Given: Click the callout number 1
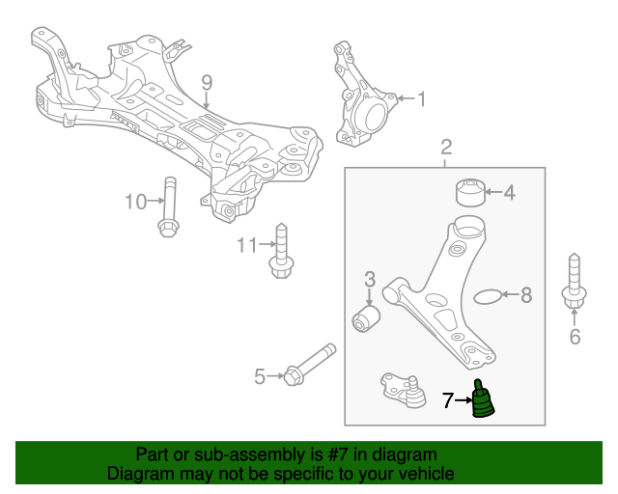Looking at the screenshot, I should pyautogui.click(x=421, y=97).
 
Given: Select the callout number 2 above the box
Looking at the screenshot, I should pyautogui.click(x=446, y=148).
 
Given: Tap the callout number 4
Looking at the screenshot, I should pyautogui.click(x=509, y=193).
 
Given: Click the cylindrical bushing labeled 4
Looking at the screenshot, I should pyautogui.click(x=469, y=191).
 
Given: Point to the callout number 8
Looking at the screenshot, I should pyautogui.click(x=526, y=295).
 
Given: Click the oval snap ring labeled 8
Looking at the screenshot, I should pyautogui.click(x=491, y=296).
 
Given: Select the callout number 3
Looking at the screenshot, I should pyautogui.click(x=370, y=280).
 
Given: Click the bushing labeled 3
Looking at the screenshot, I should pyautogui.click(x=367, y=317).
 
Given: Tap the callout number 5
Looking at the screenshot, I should pyautogui.click(x=259, y=376).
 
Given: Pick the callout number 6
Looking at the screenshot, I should pyautogui.click(x=575, y=337).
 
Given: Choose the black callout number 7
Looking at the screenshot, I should pyautogui.click(x=447, y=398).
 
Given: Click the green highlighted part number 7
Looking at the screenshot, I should pyautogui.click(x=482, y=402).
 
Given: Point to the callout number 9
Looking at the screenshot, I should pyautogui.click(x=207, y=82).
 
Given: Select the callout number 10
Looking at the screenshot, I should pyautogui.click(x=134, y=202).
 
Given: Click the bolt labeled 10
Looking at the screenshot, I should pyautogui.click(x=168, y=206).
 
